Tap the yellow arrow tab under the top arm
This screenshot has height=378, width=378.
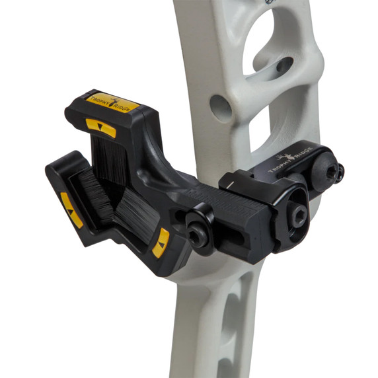pos(100,128)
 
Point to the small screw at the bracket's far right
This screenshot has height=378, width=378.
pos(338,172)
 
